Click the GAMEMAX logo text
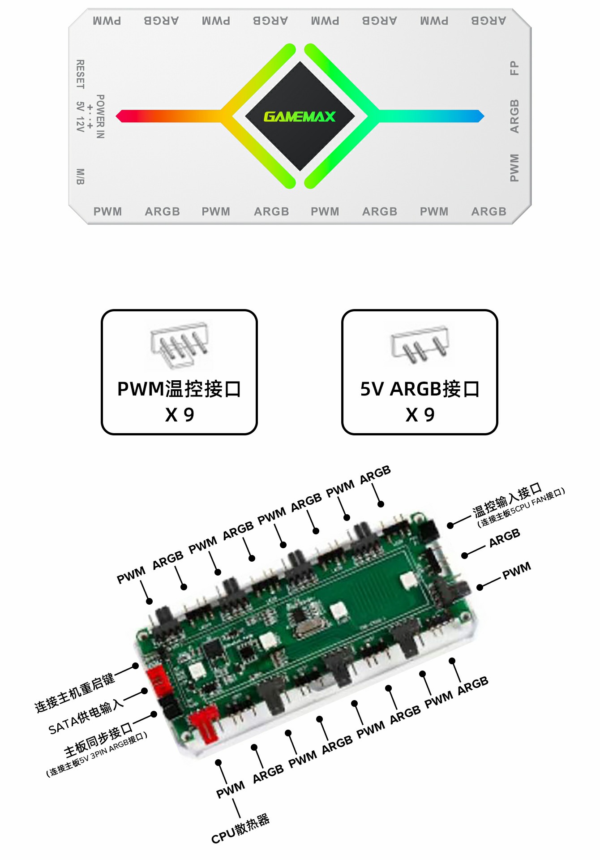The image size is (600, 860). pyautogui.click(x=300, y=116)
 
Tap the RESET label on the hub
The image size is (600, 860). pyautogui.click(x=80, y=74)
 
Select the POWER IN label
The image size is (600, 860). pyautogui.click(x=100, y=116)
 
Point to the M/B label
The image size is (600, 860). pyautogui.click(x=80, y=176)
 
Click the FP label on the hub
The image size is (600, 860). pyautogui.click(x=514, y=68)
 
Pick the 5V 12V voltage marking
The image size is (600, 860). pyautogui.click(x=80, y=116)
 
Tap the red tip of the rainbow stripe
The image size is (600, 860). pyautogui.click(x=118, y=116)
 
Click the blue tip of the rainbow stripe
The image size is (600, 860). pyautogui.click(x=481, y=116)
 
